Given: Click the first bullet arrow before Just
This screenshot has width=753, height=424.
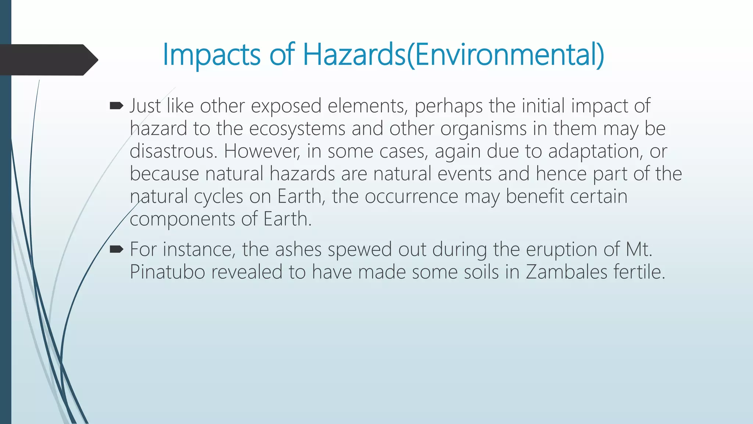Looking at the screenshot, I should pyautogui.click(x=116, y=106).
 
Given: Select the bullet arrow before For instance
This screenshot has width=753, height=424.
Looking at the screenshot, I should pyautogui.click(x=116, y=250).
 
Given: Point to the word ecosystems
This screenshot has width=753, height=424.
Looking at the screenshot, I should pyautogui.click(x=297, y=129).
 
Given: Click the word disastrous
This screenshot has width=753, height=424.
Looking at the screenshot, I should pyautogui.click(x=173, y=151).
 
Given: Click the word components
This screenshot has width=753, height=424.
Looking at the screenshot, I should pyautogui.click(x=182, y=219).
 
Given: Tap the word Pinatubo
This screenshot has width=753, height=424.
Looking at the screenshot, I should pyautogui.click(x=167, y=272).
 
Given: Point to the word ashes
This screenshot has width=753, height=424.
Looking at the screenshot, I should pyautogui.click(x=298, y=250).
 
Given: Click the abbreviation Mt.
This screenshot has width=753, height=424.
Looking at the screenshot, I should pyautogui.click(x=639, y=250).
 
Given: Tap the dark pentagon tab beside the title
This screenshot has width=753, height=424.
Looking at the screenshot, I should pyautogui.click(x=48, y=60).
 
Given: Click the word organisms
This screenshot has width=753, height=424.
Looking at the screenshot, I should pyautogui.click(x=483, y=129).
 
